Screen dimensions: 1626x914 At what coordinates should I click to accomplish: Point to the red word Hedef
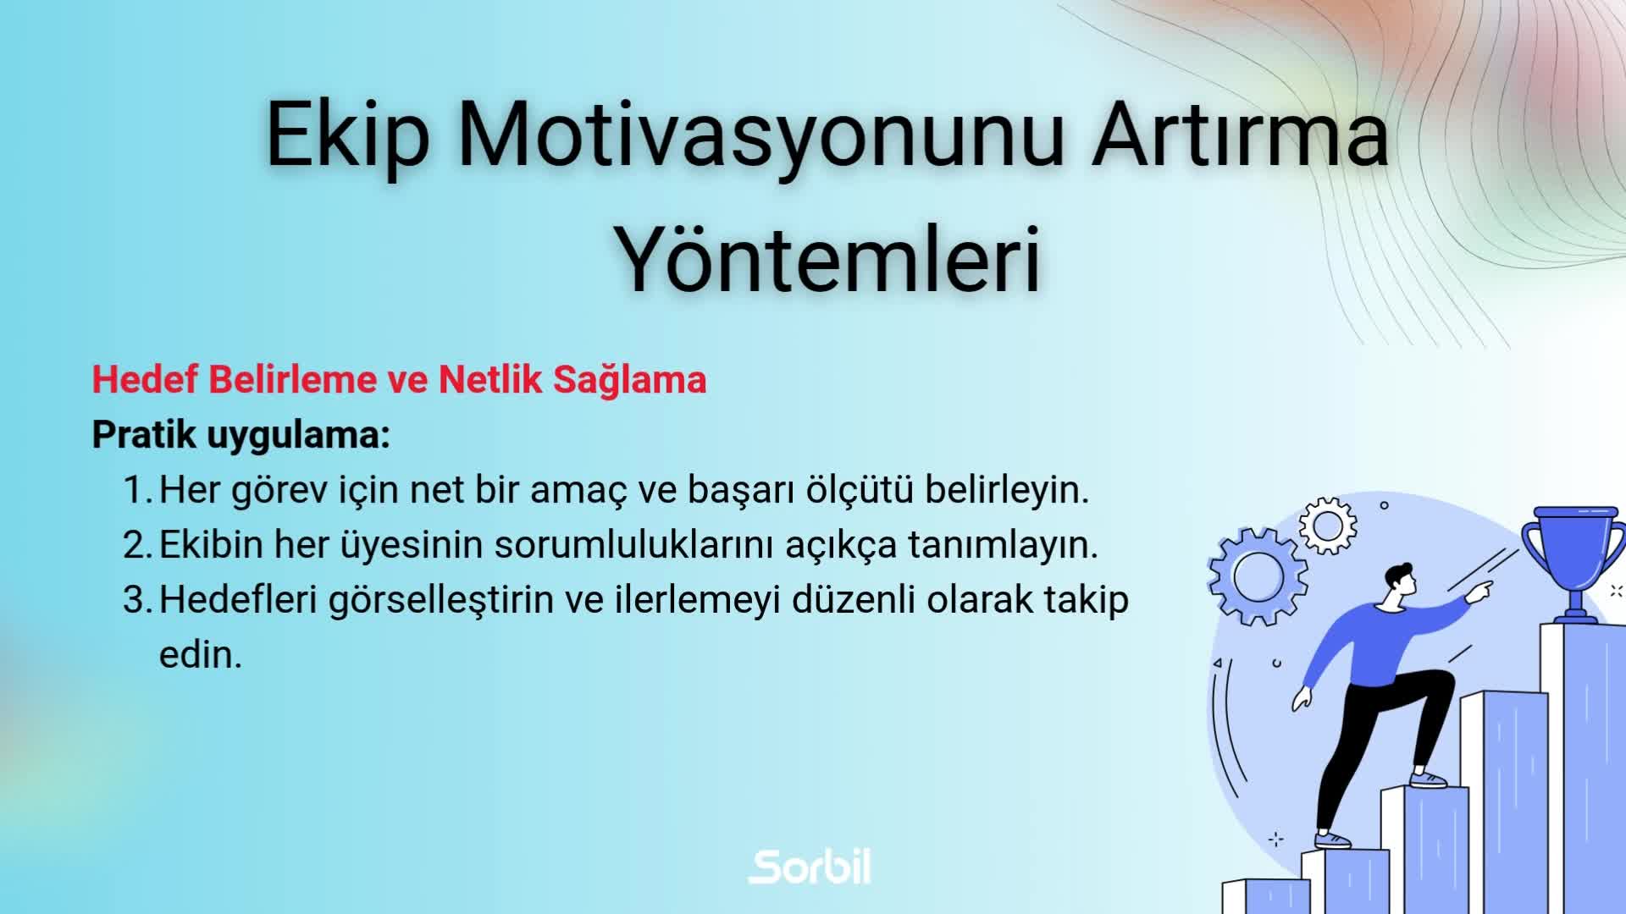point(145,379)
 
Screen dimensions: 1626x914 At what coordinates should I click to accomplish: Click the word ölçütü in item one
point(859,490)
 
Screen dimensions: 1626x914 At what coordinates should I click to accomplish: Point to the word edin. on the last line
point(201,655)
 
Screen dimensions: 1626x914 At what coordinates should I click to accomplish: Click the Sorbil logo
point(810,867)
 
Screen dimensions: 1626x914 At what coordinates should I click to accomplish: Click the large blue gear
point(1258,576)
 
